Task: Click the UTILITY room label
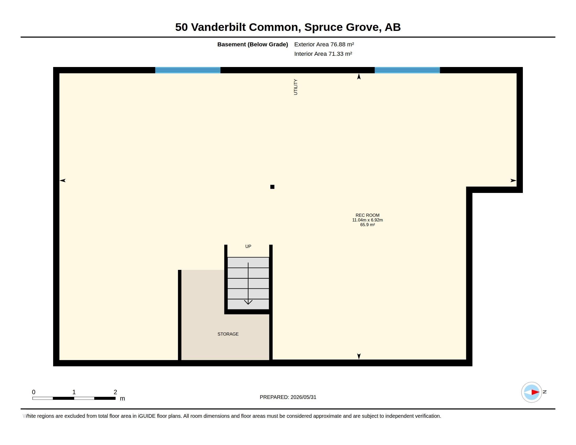click(x=295, y=87)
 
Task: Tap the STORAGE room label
click(x=228, y=334)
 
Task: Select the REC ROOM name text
click(x=367, y=215)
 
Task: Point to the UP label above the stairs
click(x=248, y=246)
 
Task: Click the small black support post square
click(x=272, y=187)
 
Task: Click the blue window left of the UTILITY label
click(x=188, y=70)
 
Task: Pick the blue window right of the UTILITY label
click(x=407, y=70)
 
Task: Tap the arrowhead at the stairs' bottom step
click(x=248, y=302)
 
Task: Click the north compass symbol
click(x=532, y=392)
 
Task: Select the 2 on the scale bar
click(x=115, y=392)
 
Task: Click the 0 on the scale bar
click(x=34, y=392)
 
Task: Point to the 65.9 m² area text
click(x=367, y=225)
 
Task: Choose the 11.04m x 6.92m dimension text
click(x=367, y=220)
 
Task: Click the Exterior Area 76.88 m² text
click(x=324, y=44)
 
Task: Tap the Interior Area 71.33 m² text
click(x=323, y=54)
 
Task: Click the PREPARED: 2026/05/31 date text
click(x=288, y=397)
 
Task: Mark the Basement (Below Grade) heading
click(x=253, y=44)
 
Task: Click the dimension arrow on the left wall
click(x=63, y=180)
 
